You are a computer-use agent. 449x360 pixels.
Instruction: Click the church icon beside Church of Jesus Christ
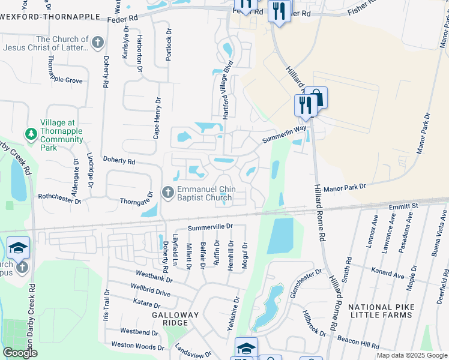(98, 42)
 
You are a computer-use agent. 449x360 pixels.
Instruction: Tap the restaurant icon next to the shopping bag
(304, 105)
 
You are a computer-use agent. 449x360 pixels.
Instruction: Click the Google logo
(20, 353)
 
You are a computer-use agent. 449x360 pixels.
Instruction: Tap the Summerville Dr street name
(209, 227)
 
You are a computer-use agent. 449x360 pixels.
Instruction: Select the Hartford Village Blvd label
(227, 93)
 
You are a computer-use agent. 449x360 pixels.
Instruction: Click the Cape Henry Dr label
(157, 118)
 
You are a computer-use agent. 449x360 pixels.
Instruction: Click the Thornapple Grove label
(65, 80)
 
